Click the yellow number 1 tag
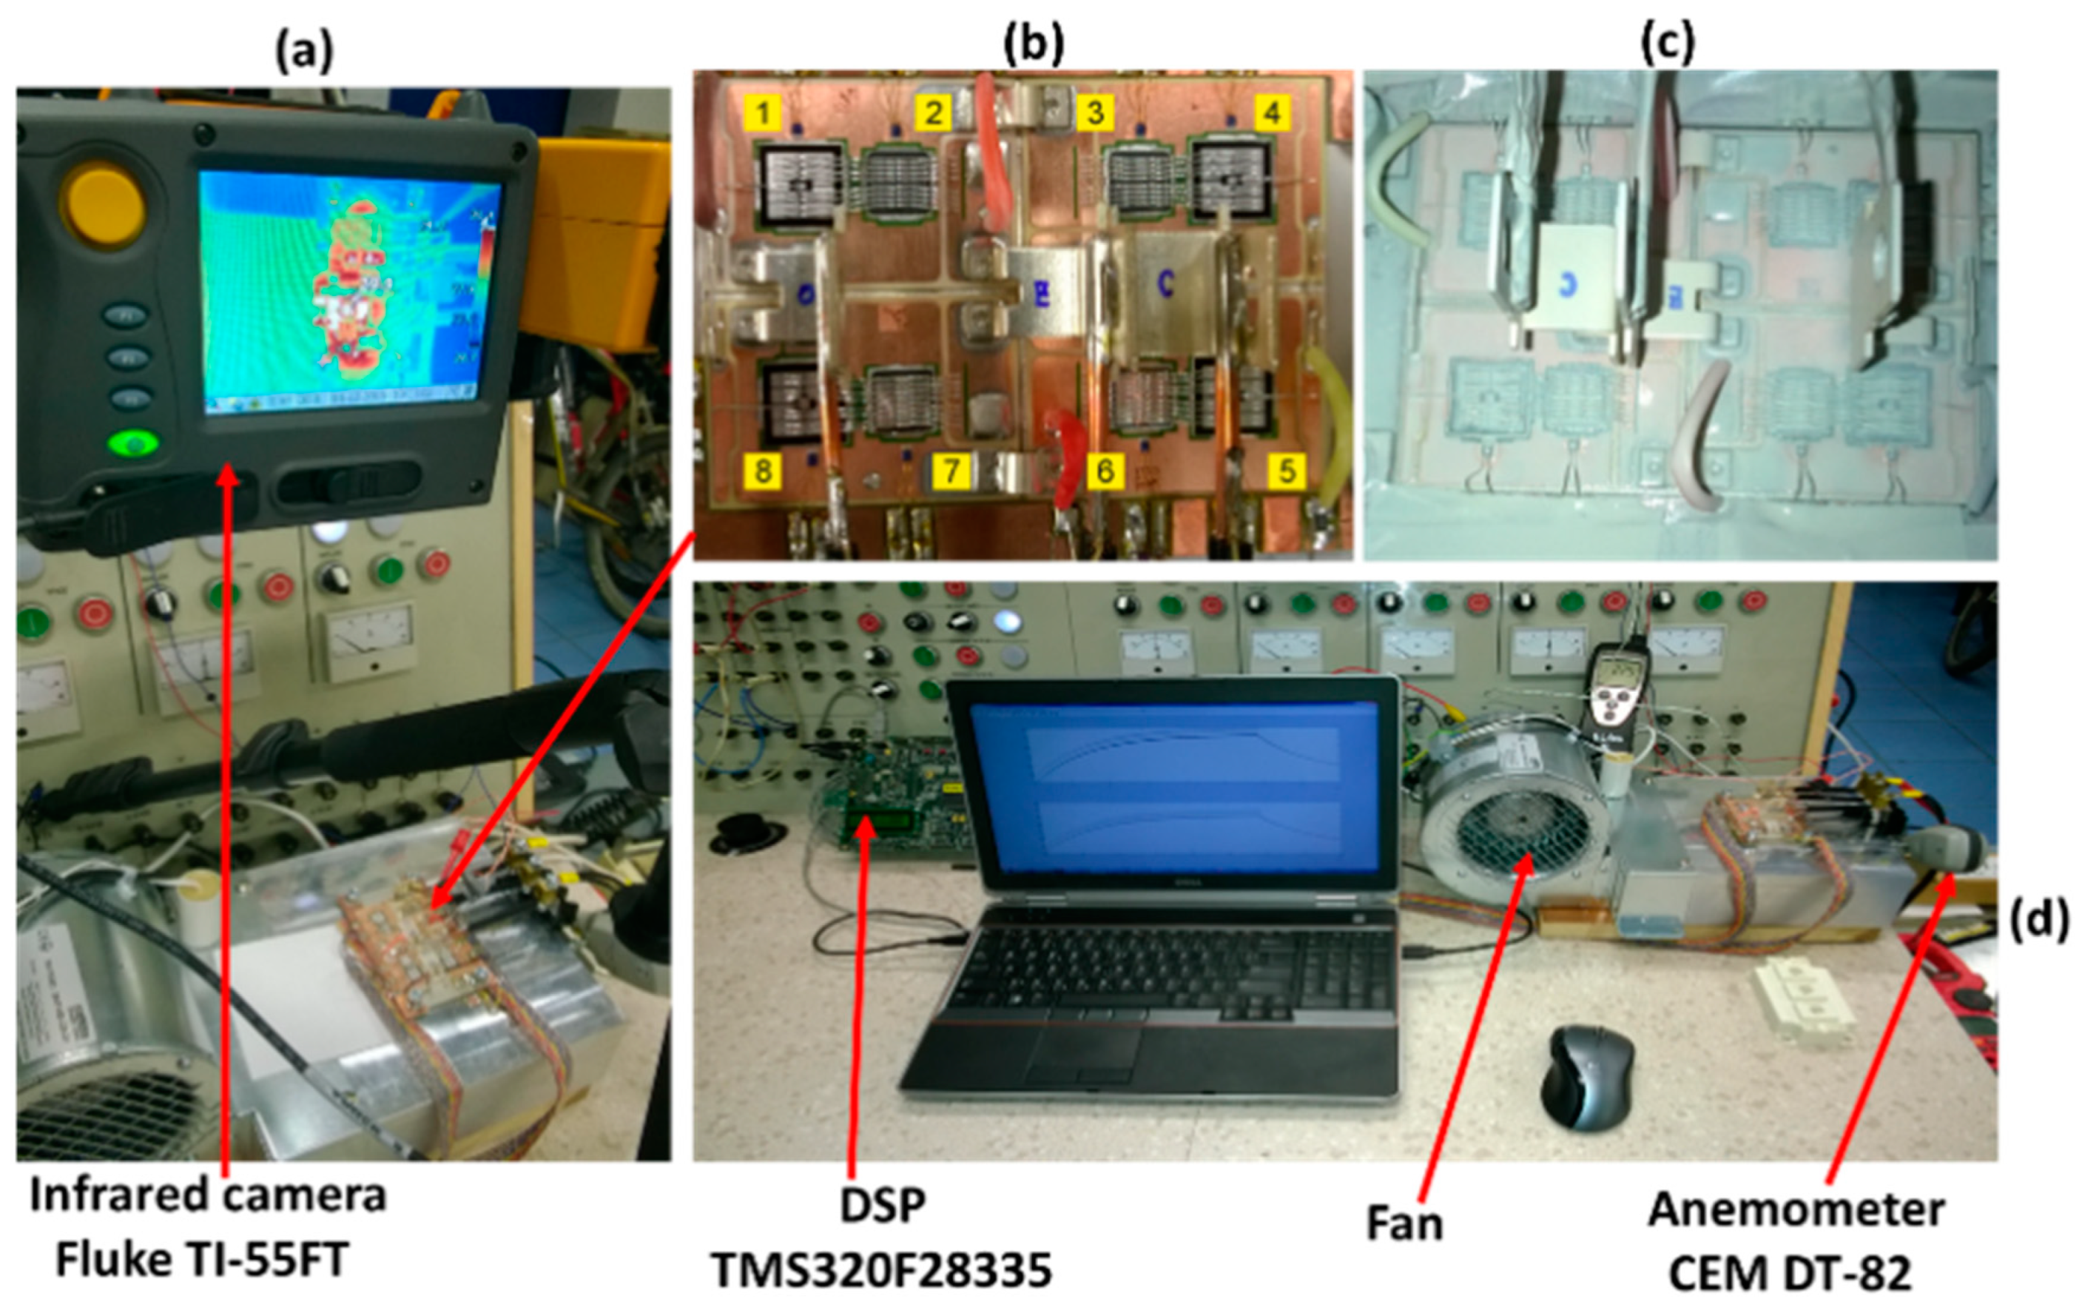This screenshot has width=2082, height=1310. (763, 112)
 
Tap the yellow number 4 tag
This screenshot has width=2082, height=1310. (1271, 112)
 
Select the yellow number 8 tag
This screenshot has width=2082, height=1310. (763, 472)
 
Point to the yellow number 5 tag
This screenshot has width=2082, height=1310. (1287, 472)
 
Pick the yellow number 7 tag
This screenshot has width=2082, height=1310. (951, 472)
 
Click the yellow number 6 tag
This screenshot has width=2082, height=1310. (1104, 472)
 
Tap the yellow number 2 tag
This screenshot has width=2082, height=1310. (933, 112)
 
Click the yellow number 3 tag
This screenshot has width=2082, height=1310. (1094, 112)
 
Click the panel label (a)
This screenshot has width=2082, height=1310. (303, 52)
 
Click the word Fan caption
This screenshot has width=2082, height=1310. (1404, 1223)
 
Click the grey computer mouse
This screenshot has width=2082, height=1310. (1591, 1077)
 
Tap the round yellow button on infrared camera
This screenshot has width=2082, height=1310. (101, 204)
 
